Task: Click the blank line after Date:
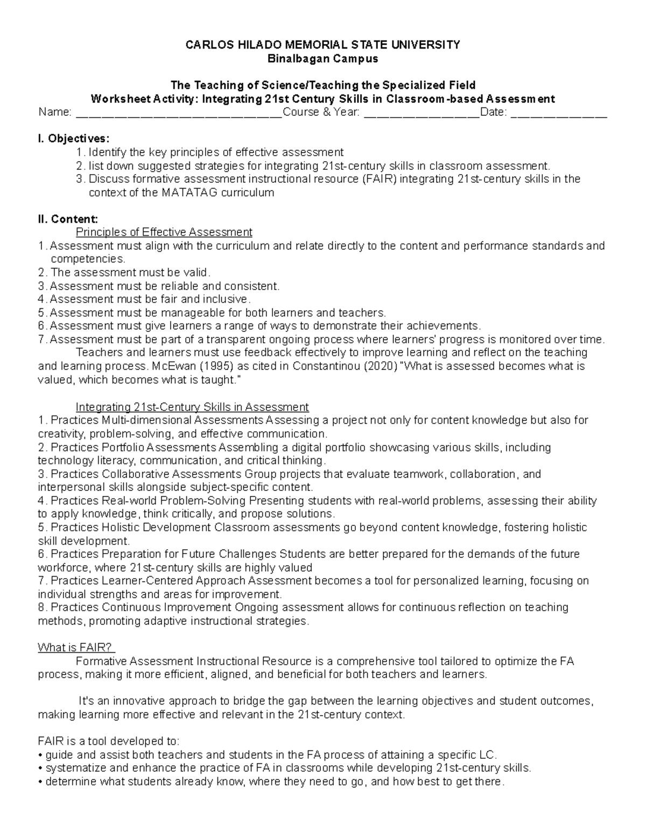558,113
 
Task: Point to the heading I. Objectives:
73,139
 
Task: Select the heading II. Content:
68,219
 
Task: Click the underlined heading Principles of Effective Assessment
164,232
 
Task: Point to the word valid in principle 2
195,273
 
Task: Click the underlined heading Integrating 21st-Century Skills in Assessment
192,407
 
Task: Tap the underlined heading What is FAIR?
75,648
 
